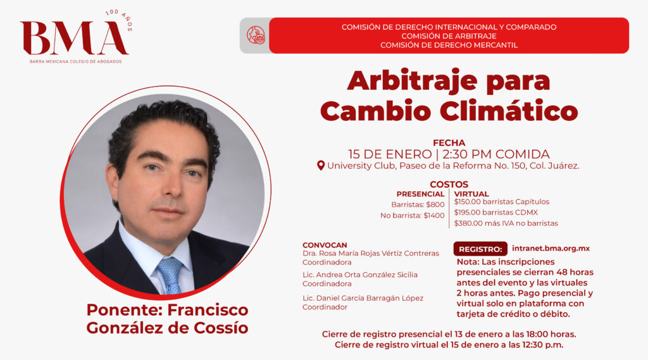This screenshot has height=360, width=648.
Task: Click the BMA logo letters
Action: (x=75, y=38)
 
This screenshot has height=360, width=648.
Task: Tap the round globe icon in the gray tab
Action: (x=256, y=35)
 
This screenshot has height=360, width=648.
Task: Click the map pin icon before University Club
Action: (x=321, y=166)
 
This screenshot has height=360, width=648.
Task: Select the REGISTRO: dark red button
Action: (x=480, y=249)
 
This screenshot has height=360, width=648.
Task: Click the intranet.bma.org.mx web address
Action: (x=551, y=249)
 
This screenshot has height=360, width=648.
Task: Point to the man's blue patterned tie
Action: (x=170, y=275)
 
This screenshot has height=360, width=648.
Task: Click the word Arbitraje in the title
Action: (x=412, y=82)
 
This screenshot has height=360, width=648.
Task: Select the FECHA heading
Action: (x=449, y=143)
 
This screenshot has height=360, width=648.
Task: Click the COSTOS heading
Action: (x=449, y=184)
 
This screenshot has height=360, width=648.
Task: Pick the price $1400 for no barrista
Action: (x=434, y=215)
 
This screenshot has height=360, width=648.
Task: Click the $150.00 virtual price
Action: (x=467, y=202)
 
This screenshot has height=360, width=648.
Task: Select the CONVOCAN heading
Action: (x=325, y=245)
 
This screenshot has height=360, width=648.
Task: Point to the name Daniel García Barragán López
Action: (x=369, y=298)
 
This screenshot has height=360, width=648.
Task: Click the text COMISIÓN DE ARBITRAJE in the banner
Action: (x=449, y=36)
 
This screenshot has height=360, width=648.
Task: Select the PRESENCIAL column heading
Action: (x=420, y=194)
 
